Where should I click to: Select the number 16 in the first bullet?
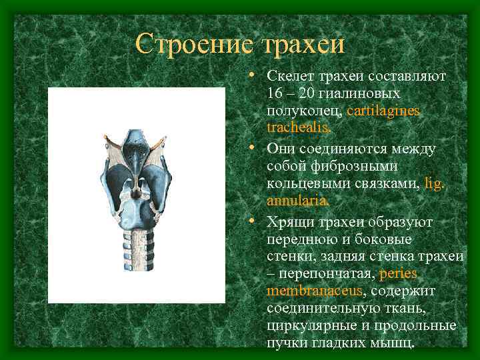pyautogui.click(x=275, y=93)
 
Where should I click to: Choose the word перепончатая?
pyautogui.click(x=324, y=274)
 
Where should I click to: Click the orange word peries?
pyautogui.click(x=398, y=274)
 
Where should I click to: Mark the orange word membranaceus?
pyautogui.click(x=314, y=291)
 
